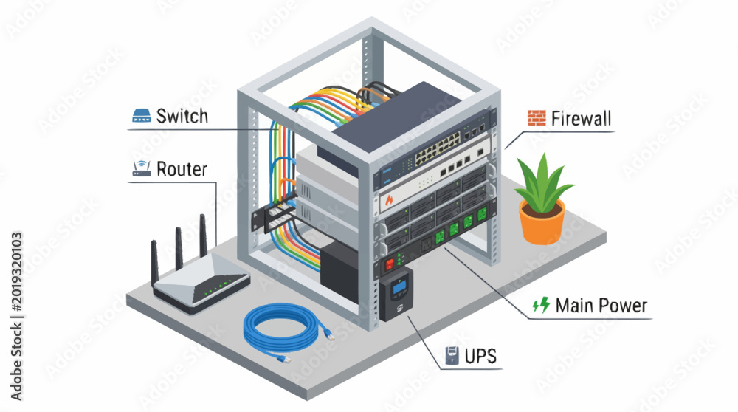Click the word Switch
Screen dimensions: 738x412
tap(182, 116)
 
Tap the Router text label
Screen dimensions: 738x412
tap(182, 169)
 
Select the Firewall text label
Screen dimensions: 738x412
tap(582, 118)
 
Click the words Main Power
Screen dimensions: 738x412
tap(601, 306)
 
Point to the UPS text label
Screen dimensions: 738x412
tap(480, 356)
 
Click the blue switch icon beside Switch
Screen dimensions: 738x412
tap(142, 116)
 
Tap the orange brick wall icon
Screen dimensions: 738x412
tap(537, 118)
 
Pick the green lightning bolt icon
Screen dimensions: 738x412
tap(541, 305)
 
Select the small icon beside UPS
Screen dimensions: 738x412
tap(452, 356)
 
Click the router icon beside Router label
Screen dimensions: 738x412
tap(142, 168)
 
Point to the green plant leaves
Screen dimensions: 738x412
tap(542, 182)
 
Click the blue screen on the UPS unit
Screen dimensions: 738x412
tap(399, 286)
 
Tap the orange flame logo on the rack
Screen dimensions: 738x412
tap(389, 200)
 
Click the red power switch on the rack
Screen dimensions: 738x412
tap(389, 264)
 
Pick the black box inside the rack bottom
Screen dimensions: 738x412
tap(339, 272)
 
